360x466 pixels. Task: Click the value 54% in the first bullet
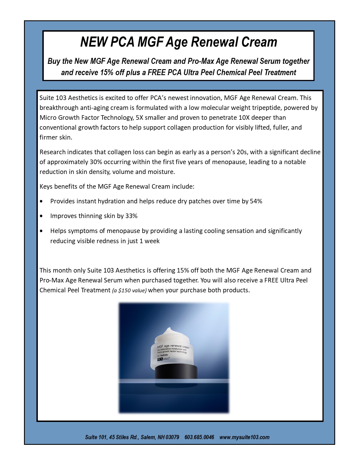click(x=256, y=201)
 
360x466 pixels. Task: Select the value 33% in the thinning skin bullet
click(x=131, y=216)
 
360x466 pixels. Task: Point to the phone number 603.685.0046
click(x=199, y=437)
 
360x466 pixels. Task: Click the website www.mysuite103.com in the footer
click(x=244, y=437)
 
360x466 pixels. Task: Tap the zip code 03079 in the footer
click(x=172, y=437)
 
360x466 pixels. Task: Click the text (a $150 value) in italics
click(x=129, y=291)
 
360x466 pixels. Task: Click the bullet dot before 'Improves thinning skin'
click(x=42, y=216)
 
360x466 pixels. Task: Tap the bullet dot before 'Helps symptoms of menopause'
click(x=42, y=231)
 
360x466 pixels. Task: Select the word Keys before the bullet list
click(x=46, y=187)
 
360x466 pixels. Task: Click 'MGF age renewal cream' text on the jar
click(x=173, y=346)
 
